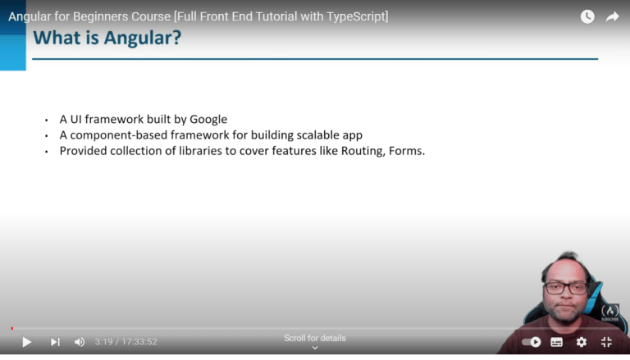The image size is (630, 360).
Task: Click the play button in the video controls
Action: (x=26, y=342)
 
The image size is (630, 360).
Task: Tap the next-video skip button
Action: (x=55, y=342)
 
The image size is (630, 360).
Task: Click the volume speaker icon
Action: (x=80, y=342)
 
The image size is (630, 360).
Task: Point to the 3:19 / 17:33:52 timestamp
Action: (x=126, y=342)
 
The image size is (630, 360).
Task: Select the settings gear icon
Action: (x=582, y=342)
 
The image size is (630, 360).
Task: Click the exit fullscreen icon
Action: (x=607, y=342)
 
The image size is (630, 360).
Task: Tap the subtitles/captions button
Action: (x=557, y=342)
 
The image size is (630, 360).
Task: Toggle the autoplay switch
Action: (x=532, y=342)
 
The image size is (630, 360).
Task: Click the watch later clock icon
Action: (x=587, y=16)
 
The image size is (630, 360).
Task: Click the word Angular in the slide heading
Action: (x=135, y=38)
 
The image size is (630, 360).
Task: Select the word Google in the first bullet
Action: (x=208, y=119)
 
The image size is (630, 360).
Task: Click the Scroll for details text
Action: (x=315, y=338)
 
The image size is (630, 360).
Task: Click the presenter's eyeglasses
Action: (x=566, y=288)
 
